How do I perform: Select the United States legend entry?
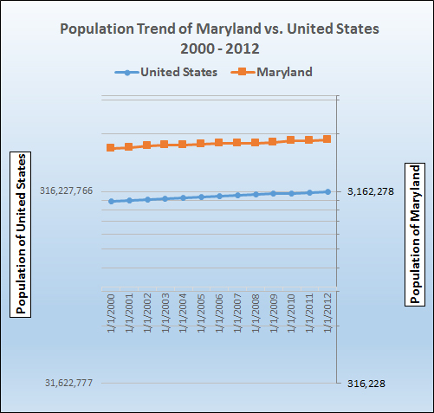tap(169, 71)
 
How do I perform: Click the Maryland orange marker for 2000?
tap(111, 148)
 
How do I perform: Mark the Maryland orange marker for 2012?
tap(327, 139)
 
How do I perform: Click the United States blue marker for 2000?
tap(111, 201)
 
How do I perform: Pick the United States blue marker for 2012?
tap(327, 191)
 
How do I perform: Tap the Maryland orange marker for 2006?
tap(219, 143)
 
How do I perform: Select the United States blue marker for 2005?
tap(201, 197)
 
